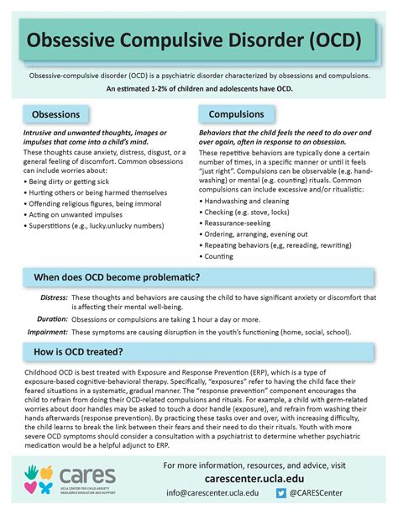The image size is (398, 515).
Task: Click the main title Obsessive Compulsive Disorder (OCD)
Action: (x=195, y=39)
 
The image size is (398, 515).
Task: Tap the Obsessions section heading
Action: (x=56, y=114)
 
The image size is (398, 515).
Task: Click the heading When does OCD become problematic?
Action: (x=116, y=278)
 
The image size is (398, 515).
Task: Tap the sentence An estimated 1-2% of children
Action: (x=199, y=88)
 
